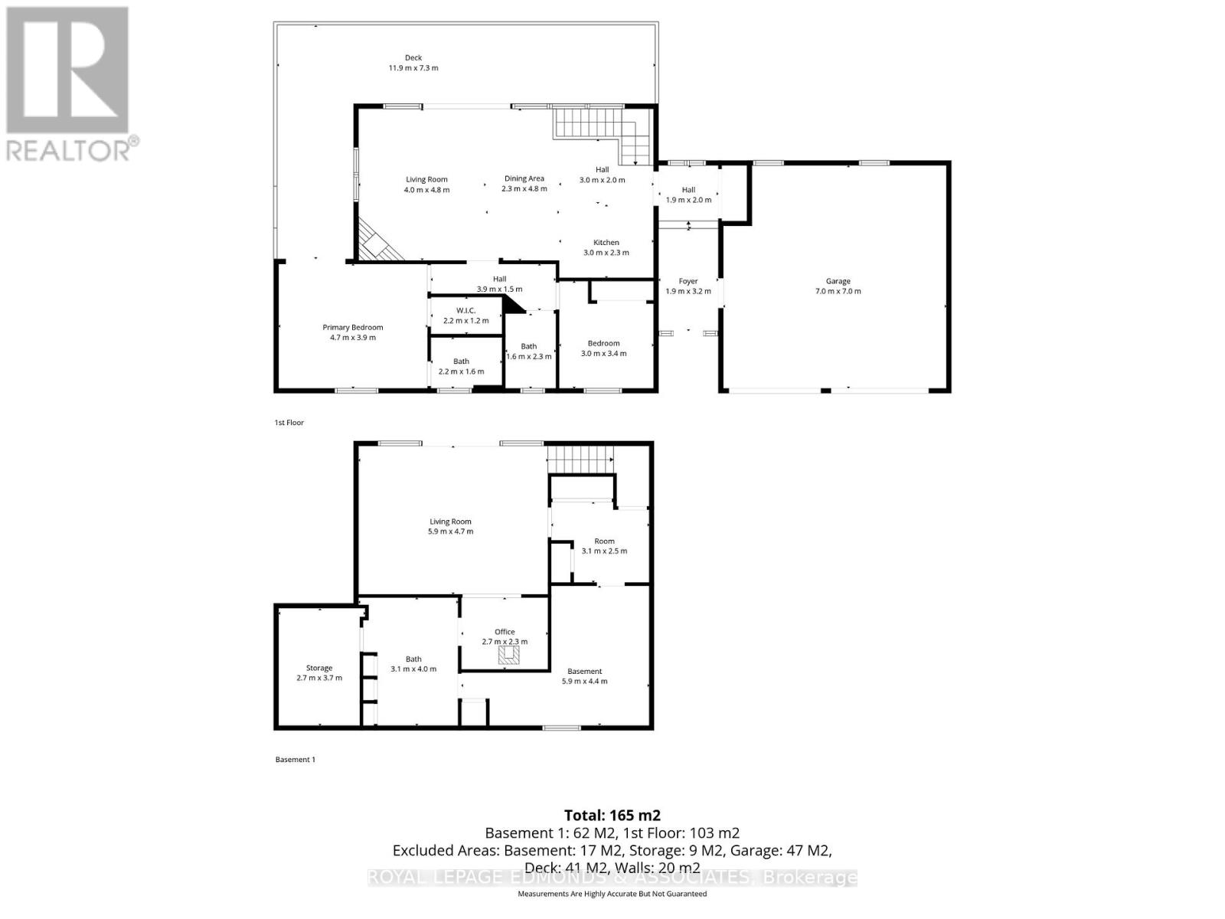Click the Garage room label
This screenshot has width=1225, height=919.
coord(838,286)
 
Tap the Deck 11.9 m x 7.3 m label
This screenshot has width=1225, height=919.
coord(413,63)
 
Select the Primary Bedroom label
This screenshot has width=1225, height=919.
coord(352,332)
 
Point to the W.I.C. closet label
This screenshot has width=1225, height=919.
coord(465,316)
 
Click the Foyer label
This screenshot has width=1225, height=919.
coord(688,286)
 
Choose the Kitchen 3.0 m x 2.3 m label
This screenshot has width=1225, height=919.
coord(606,247)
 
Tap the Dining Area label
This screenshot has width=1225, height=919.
coord(524,183)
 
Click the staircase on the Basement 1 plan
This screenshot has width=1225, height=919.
coord(580,459)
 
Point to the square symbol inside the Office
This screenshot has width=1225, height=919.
coord(509,655)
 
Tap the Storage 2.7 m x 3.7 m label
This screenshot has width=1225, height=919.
coord(319,672)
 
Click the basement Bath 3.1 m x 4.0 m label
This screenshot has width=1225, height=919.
coord(413,663)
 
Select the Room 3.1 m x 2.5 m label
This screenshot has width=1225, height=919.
coord(604,545)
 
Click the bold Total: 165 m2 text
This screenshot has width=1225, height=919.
coord(612,815)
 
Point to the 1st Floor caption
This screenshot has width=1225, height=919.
coord(289,423)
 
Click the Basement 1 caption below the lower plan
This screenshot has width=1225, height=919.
coord(295,760)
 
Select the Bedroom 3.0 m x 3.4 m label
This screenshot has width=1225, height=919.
coord(603,348)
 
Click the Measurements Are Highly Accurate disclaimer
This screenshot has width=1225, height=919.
coord(612,894)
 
